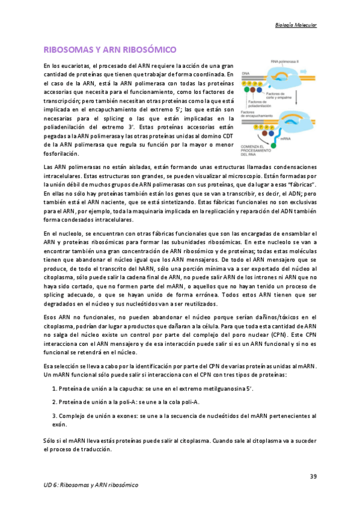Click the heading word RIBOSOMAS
(67, 51)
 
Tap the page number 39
(313, 476)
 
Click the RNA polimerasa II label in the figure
(284, 61)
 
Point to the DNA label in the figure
(245, 73)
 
